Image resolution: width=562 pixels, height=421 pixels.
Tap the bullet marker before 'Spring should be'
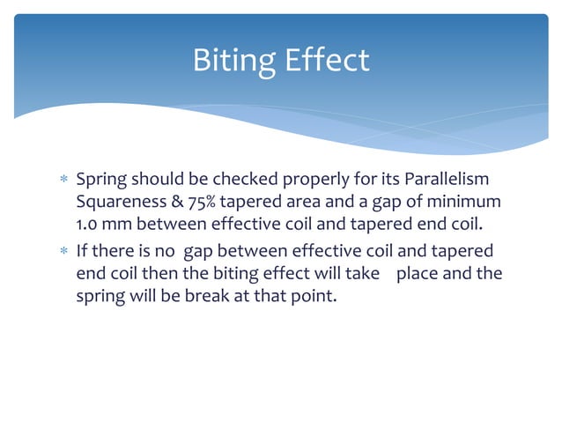(x=62, y=180)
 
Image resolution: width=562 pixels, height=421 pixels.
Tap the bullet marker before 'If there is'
(x=62, y=251)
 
